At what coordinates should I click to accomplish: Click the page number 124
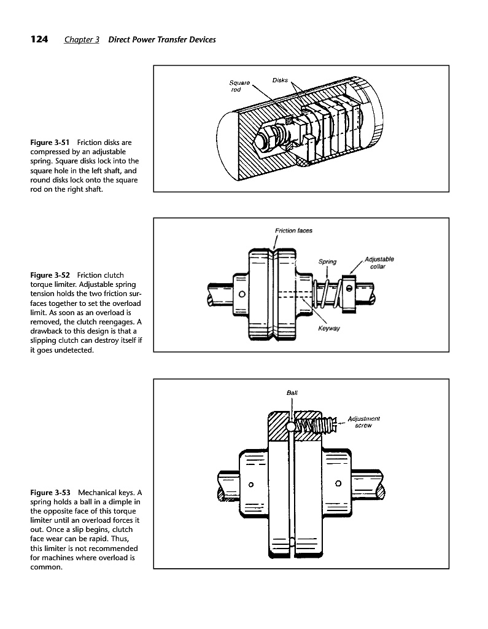[x=39, y=39]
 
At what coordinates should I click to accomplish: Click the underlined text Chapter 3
[x=82, y=40]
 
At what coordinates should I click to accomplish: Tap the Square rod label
[x=239, y=86]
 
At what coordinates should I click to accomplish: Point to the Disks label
[x=280, y=80]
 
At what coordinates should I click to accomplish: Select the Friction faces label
[x=293, y=231]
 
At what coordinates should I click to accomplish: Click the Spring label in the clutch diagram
[x=327, y=262]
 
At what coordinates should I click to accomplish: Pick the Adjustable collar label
[x=379, y=263]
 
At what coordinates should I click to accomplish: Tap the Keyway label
[x=329, y=328]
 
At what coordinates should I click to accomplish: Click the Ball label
[x=292, y=393]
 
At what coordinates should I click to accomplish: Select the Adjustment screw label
[x=363, y=422]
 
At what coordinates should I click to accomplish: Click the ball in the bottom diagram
[x=291, y=427]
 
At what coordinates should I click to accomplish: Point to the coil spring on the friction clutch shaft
[x=327, y=294]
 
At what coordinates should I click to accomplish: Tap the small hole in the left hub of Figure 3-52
[x=242, y=294]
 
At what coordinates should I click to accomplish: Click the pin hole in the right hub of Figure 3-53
[x=338, y=483]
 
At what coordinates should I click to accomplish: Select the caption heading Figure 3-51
[x=50, y=143]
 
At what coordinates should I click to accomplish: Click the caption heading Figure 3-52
[x=50, y=275]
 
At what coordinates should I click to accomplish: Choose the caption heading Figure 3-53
[x=50, y=493]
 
